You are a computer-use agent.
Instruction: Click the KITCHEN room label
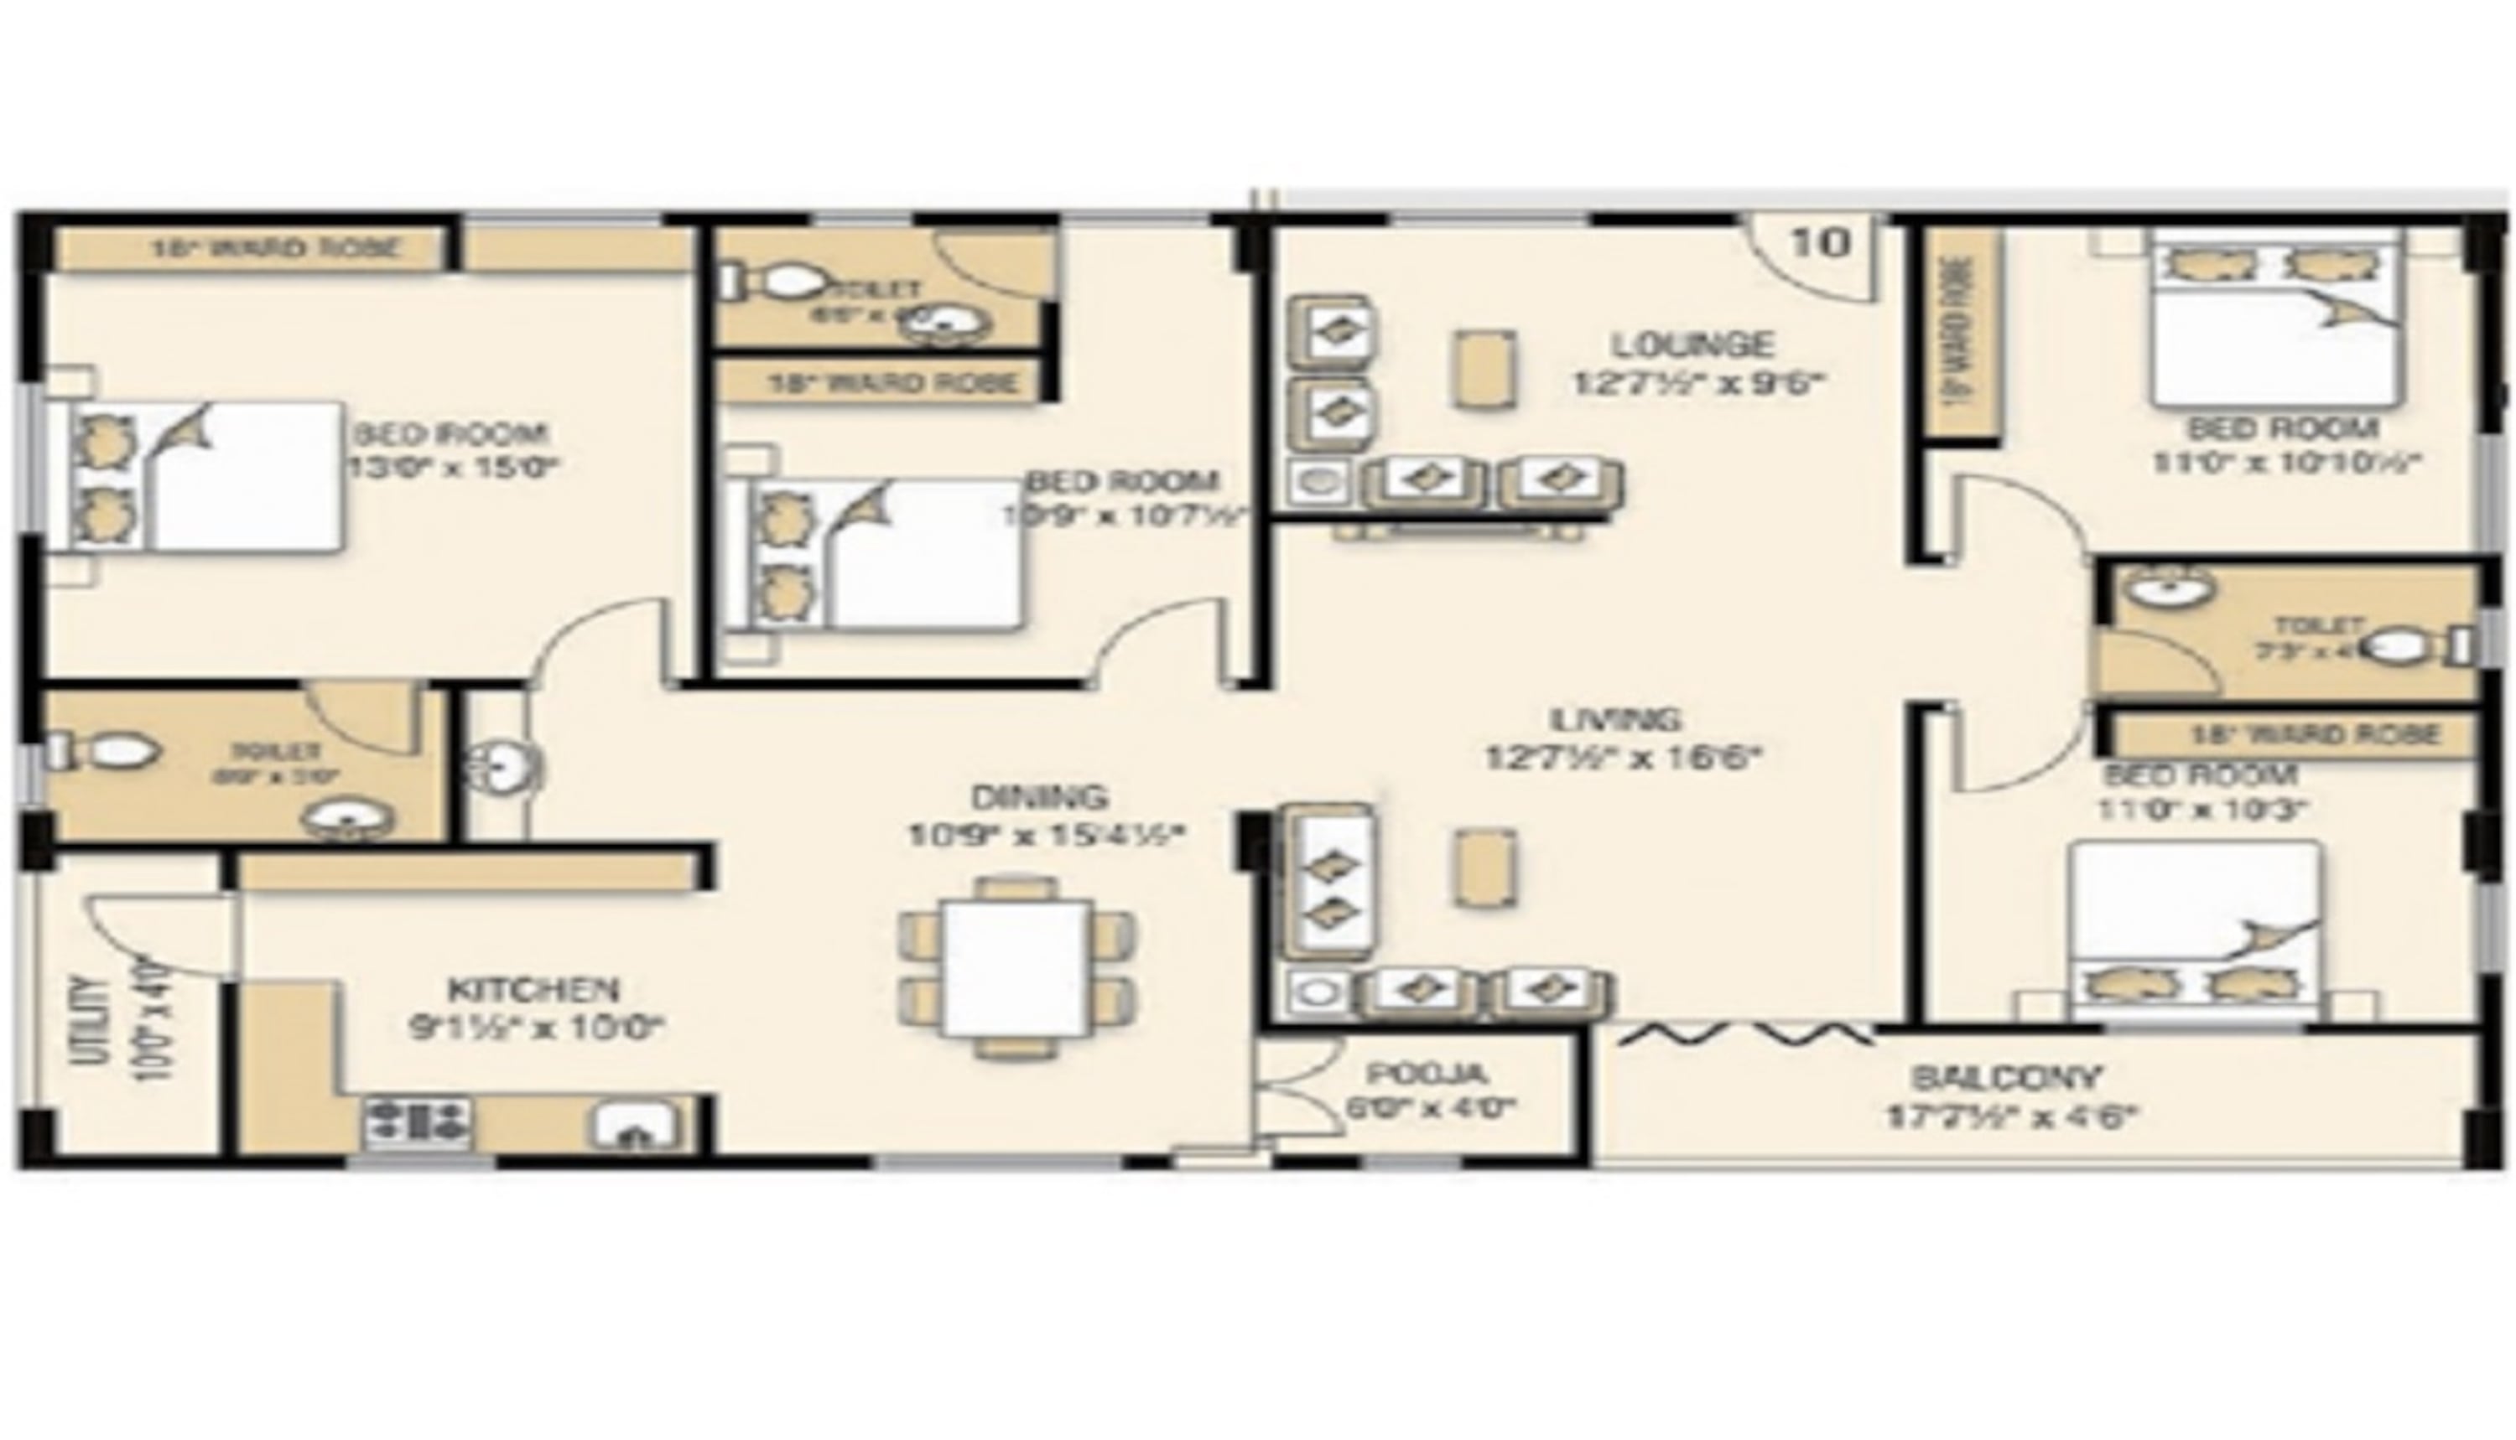533,989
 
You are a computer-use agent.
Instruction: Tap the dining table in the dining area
1017,967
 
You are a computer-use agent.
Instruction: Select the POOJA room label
1427,1073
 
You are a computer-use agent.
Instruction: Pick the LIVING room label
1615,719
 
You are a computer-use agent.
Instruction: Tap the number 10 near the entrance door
1821,242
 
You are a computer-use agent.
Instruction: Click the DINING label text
1039,796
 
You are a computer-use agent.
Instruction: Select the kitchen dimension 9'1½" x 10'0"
535,1028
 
